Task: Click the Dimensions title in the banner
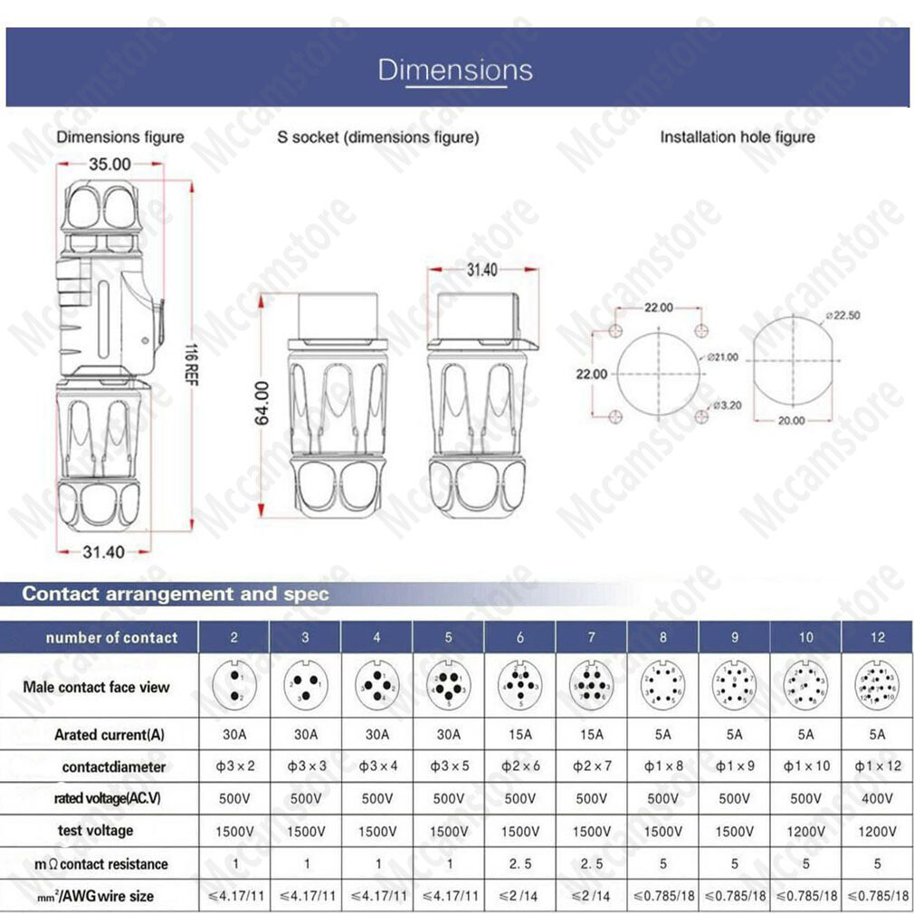point(455,70)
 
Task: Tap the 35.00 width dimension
point(109,164)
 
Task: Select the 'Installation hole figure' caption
point(737,138)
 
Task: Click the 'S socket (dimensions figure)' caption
point(378,138)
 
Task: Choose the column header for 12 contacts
point(877,637)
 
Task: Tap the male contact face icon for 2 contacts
point(234,686)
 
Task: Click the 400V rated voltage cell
point(877,798)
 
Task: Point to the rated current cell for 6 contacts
point(520,734)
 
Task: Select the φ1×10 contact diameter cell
point(805,766)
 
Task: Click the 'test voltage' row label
point(95,830)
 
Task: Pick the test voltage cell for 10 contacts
point(805,831)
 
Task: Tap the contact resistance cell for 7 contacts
point(592,863)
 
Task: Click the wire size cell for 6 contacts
point(520,896)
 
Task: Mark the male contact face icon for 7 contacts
point(592,686)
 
